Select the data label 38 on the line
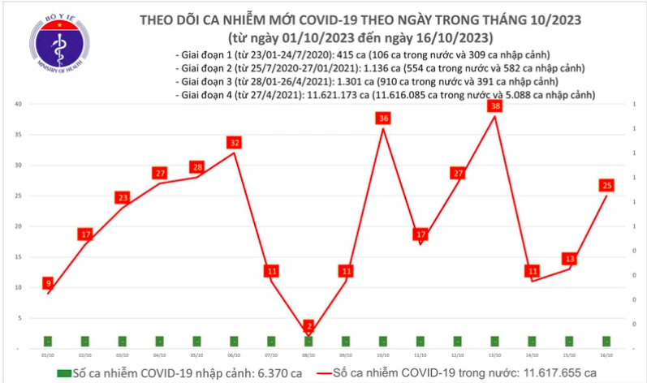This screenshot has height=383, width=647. [x=494, y=106]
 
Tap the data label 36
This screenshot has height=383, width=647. [x=383, y=118]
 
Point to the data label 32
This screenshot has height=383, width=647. [x=235, y=143]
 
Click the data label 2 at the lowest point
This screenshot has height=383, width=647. [x=309, y=325]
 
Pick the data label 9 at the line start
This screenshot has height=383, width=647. [x=49, y=283]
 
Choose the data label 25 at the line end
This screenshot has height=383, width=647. [x=606, y=185]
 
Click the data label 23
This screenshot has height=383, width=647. [x=123, y=198]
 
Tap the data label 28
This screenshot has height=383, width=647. [x=197, y=167]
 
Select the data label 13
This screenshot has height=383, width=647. [x=569, y=259]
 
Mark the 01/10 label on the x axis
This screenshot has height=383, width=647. [x=49, y=355]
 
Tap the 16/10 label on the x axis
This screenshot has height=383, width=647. [x=606, y=355]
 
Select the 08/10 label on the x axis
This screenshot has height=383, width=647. [x=309, y=355]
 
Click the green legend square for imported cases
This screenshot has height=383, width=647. [x=65, y=372]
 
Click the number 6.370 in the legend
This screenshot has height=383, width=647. [x=269, y=372]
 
